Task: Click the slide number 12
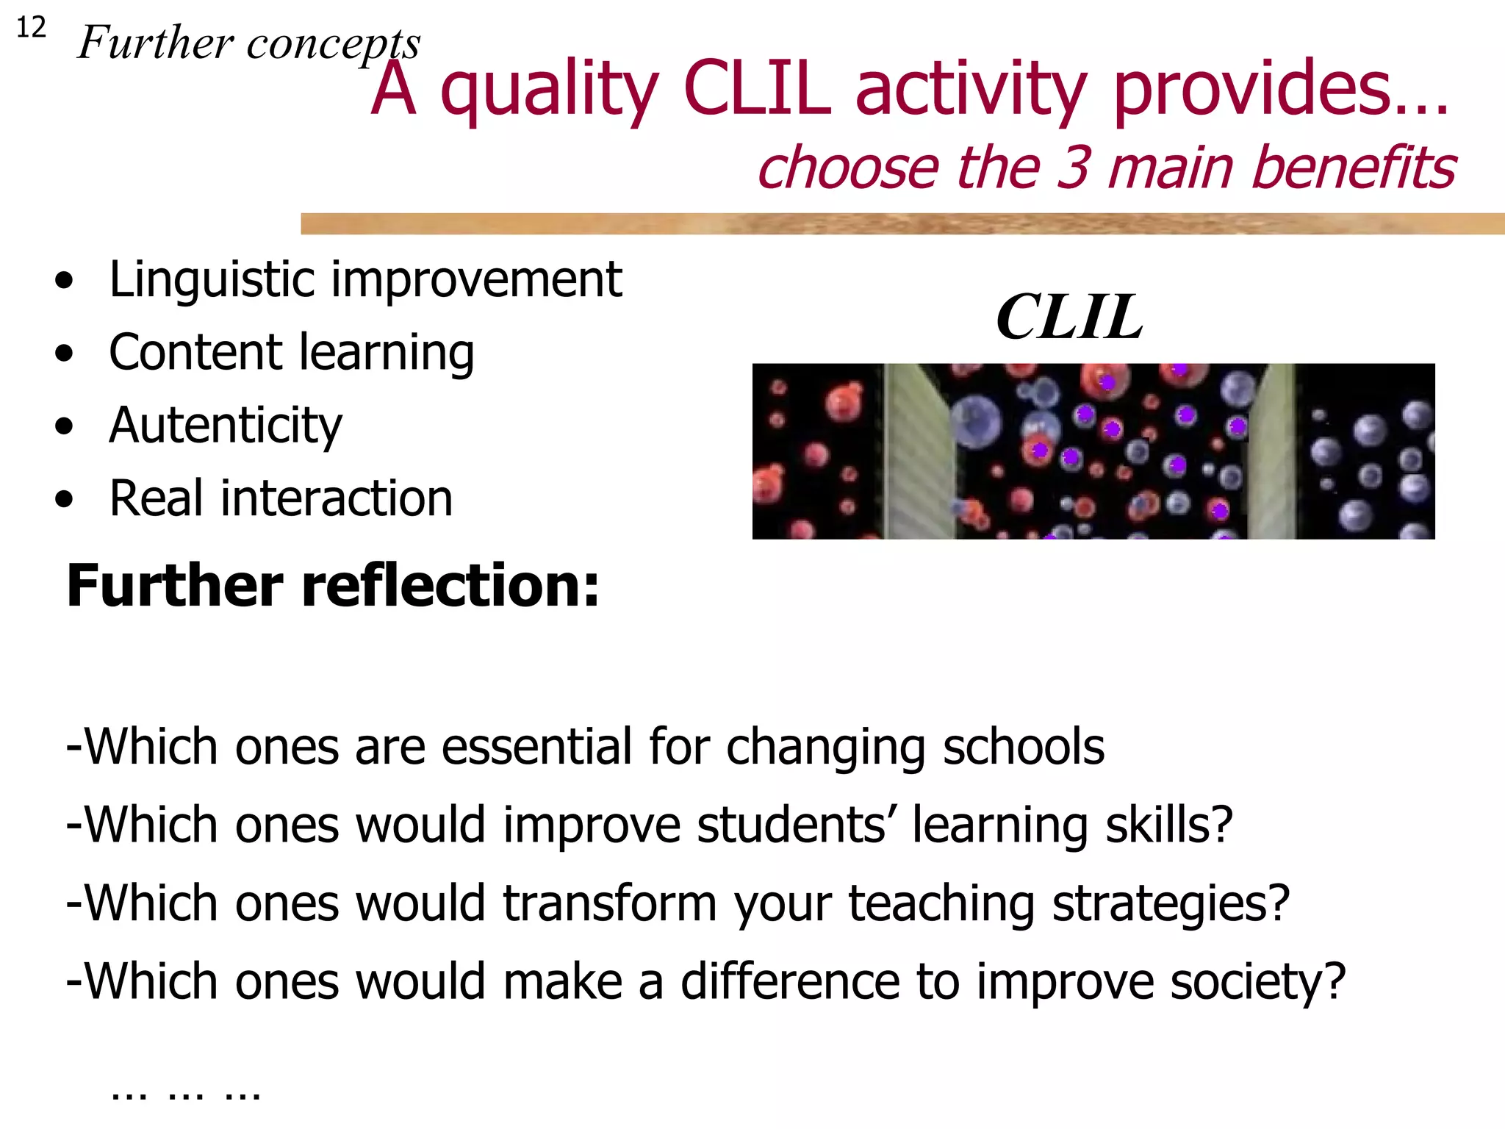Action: [x=31, y=28]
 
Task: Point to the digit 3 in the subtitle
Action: [x=1074, y=168]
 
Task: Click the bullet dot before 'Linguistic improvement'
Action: [x=65, y=281]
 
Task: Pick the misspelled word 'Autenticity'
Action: [x=225, y=426]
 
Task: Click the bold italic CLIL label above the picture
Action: [x=1069, y=318]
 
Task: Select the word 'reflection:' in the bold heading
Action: [x=450, y=586]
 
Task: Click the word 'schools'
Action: [x=1023, y=748]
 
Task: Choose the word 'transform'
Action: [x=609, y=903]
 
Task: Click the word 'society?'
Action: [x=1257, y=983]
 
